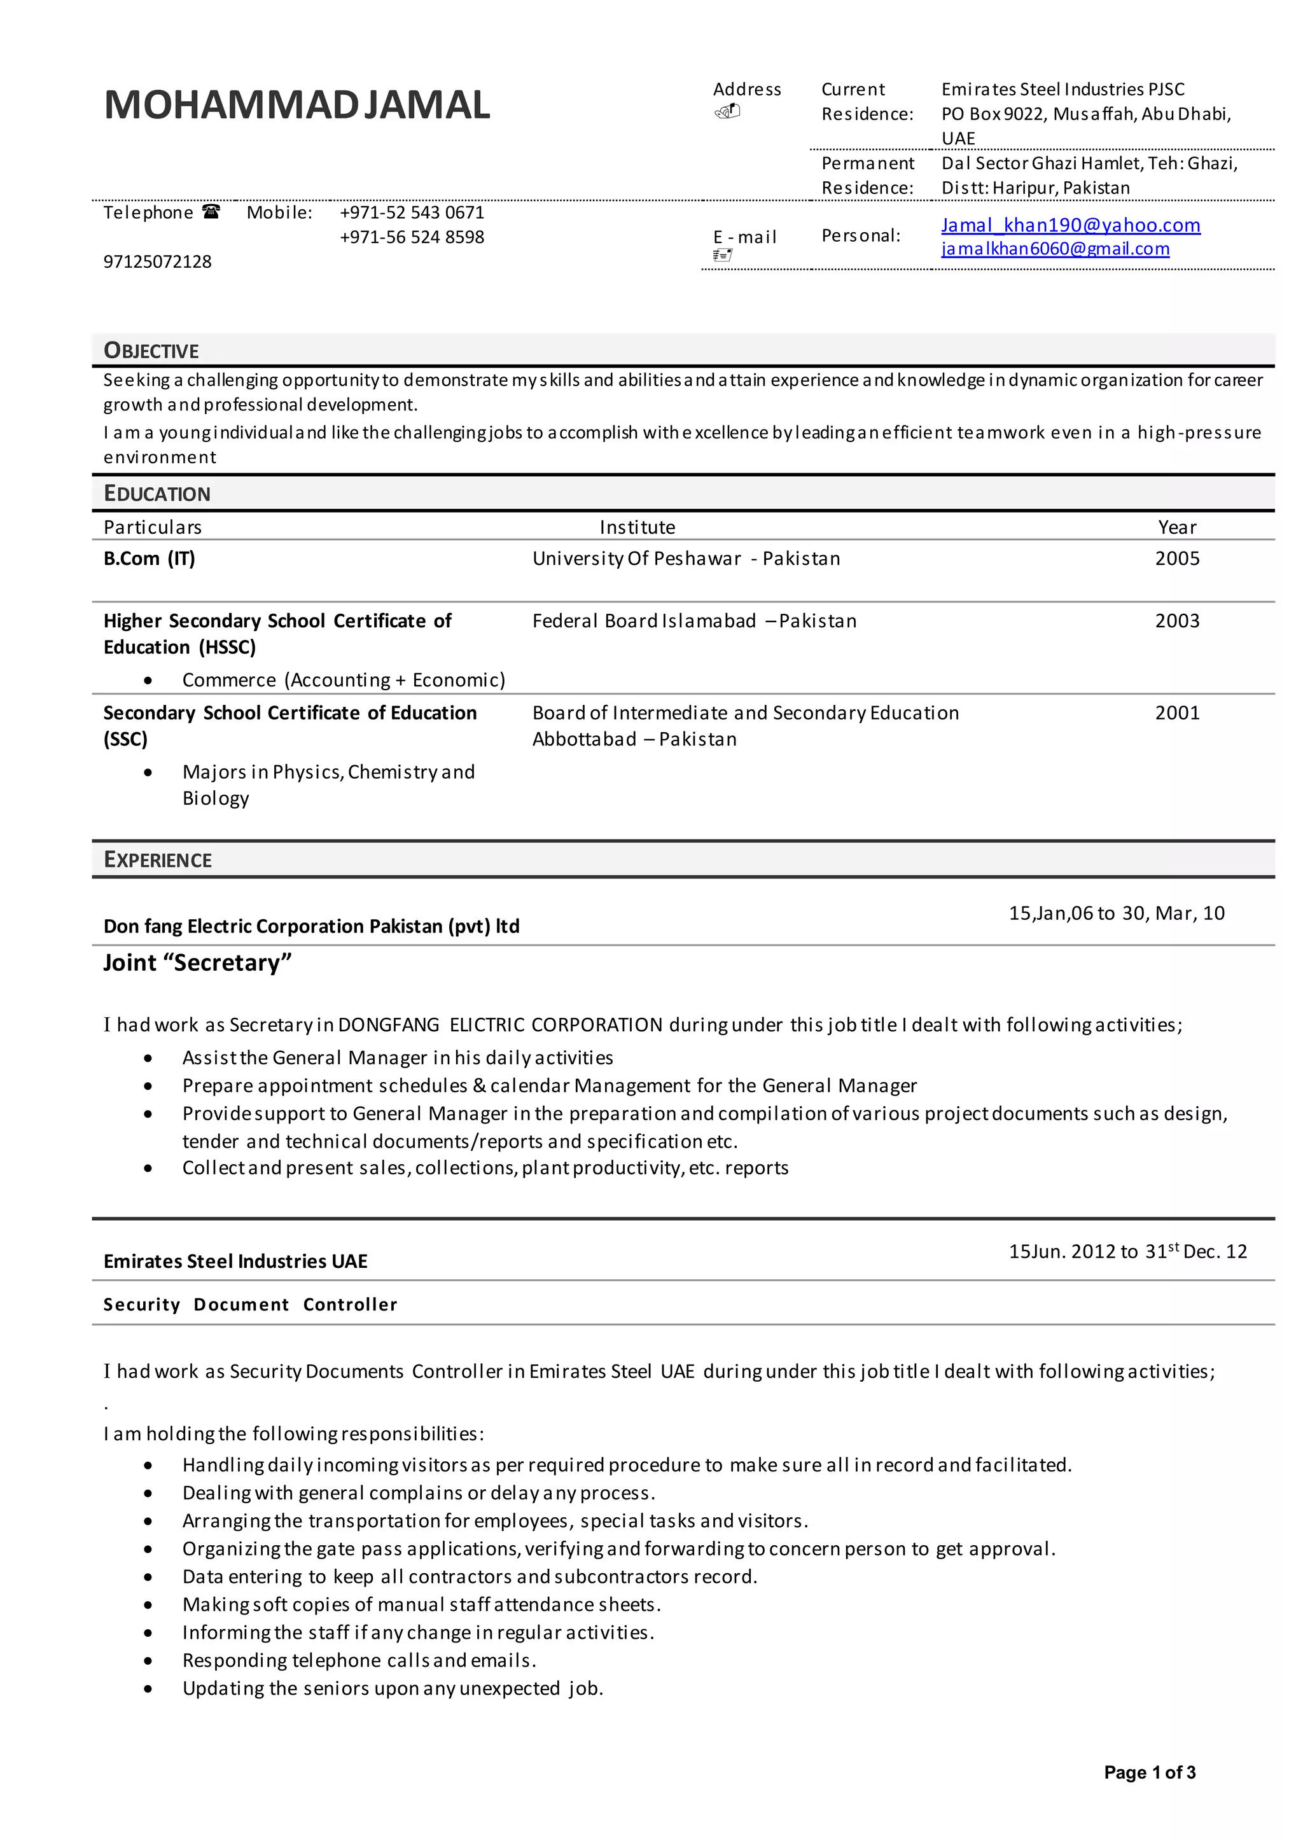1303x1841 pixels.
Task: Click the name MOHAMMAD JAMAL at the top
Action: (x=297, y=105)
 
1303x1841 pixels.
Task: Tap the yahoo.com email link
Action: (x=1070, y=225)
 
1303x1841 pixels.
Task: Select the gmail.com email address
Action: (x=1055, y=249)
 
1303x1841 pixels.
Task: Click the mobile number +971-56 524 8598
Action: (x=412, y=237)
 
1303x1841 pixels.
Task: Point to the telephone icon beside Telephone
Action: (x=211, y=212)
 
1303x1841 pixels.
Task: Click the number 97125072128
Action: (x=157, y=261)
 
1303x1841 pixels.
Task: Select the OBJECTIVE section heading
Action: (x=151, y=351)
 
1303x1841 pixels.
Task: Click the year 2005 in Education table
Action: (x=1176, y=559)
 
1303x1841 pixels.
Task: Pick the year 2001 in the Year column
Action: (x=1176, y=712)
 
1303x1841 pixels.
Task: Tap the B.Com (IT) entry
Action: (x=150, y=559)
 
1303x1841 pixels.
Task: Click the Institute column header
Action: (x=637, y=527)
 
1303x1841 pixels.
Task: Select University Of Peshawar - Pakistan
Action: (x=686, y=559)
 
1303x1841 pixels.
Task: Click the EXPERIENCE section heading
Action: (x=157, y=860)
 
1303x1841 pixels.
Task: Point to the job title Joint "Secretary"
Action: (x=197, y=962)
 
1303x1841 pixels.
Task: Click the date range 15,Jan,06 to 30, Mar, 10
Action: (x=1116, y=913)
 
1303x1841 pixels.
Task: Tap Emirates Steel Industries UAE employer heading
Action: (x=235, y=1261)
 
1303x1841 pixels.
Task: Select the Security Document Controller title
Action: (x=250, y=1304)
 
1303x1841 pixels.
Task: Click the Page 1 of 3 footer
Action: (x=1149, y=1772)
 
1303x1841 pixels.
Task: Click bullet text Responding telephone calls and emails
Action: (x=359, y=1660)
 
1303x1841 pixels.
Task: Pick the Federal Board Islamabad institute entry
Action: (x=694, y=621)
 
